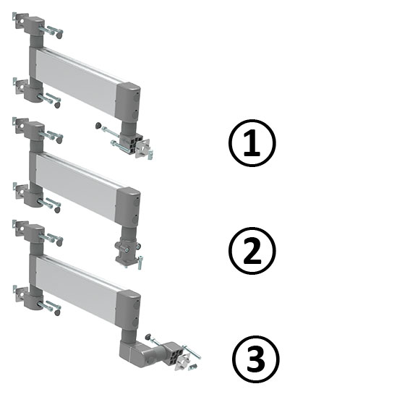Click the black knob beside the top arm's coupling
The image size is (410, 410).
pos(98,125)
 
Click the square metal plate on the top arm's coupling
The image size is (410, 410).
pos(143,148)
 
